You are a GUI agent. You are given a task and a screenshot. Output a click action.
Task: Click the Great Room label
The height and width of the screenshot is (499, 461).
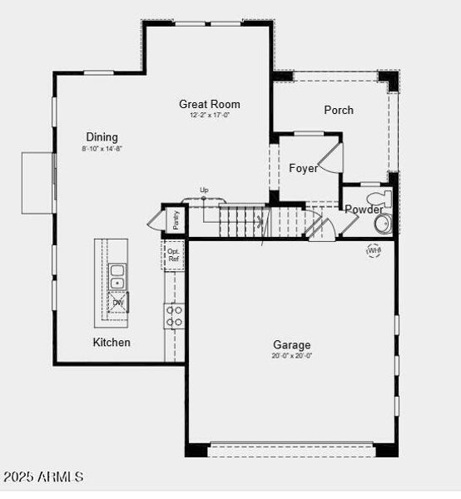pyautogui.click(x=210, y=105)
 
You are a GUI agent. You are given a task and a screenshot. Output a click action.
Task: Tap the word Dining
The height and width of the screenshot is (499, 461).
pyautogui.click(x=102, y=137)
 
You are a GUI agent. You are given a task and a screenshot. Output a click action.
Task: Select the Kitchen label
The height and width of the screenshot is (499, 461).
pyautogui.click(x=112, y=342)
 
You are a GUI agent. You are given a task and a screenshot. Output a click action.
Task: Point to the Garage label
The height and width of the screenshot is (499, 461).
pyautogui.click(x=291, y=344)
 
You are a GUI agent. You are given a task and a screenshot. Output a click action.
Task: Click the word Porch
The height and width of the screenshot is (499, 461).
pyautogui.click(x=339, y=110)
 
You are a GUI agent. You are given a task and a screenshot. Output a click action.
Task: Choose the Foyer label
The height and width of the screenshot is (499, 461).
pyautogui.click(x=303, y=168)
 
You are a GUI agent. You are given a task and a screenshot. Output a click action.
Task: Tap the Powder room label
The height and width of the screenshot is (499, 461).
pyautogui.click(x=364, y=210)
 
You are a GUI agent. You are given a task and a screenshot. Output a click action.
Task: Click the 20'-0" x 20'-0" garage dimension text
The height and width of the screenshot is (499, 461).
pyautogui.click(x=292, y=356)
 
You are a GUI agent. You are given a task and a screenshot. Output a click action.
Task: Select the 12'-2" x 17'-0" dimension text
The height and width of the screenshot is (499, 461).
pyautogui.click(x=210, y=116)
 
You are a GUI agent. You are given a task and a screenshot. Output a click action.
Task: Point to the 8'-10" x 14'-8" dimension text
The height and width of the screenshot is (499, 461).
pyautogui.click(x=102, y=149)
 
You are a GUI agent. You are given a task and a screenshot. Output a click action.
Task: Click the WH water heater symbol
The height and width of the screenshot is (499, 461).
pyautogui.click(x=374, y=249)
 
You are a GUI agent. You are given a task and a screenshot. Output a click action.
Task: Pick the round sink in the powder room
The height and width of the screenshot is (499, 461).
pyautogui.click(x=384, y=224)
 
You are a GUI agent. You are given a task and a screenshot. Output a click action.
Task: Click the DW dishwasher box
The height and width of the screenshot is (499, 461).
pyautogui.click(x=118, y=301)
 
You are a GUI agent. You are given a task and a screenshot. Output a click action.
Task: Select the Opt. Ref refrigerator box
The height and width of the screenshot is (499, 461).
pyautogui.click(x=173, y=255)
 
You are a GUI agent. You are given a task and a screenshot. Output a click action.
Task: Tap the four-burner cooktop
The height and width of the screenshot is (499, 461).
pyautogui.click(x=174, y=315)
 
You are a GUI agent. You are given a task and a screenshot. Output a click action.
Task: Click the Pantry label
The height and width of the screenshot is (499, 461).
pyautogui.click(x=176, y=220)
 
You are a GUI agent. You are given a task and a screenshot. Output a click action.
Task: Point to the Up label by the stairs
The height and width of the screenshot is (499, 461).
pyautogui.click(x=204, y=190)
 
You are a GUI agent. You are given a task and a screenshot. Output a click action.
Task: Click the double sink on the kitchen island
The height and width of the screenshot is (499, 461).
pyautogui.click(x=117, y=275)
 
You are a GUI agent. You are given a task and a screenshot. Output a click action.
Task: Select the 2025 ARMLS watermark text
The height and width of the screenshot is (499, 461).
pyautogui.click(x=43, y=477)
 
